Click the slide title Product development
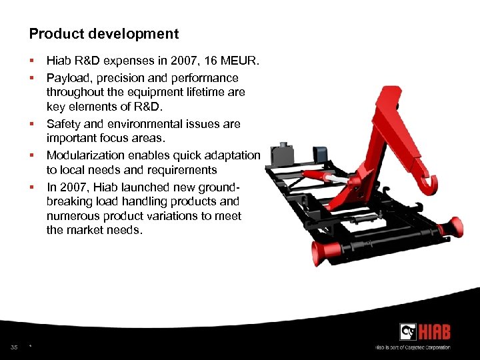click(x=104, y=33)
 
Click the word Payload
click(x=67, y=78)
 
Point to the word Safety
click(x=64, y=124)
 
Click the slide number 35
click(x=14, y=347)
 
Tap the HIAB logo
click(x=424, y=331)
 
